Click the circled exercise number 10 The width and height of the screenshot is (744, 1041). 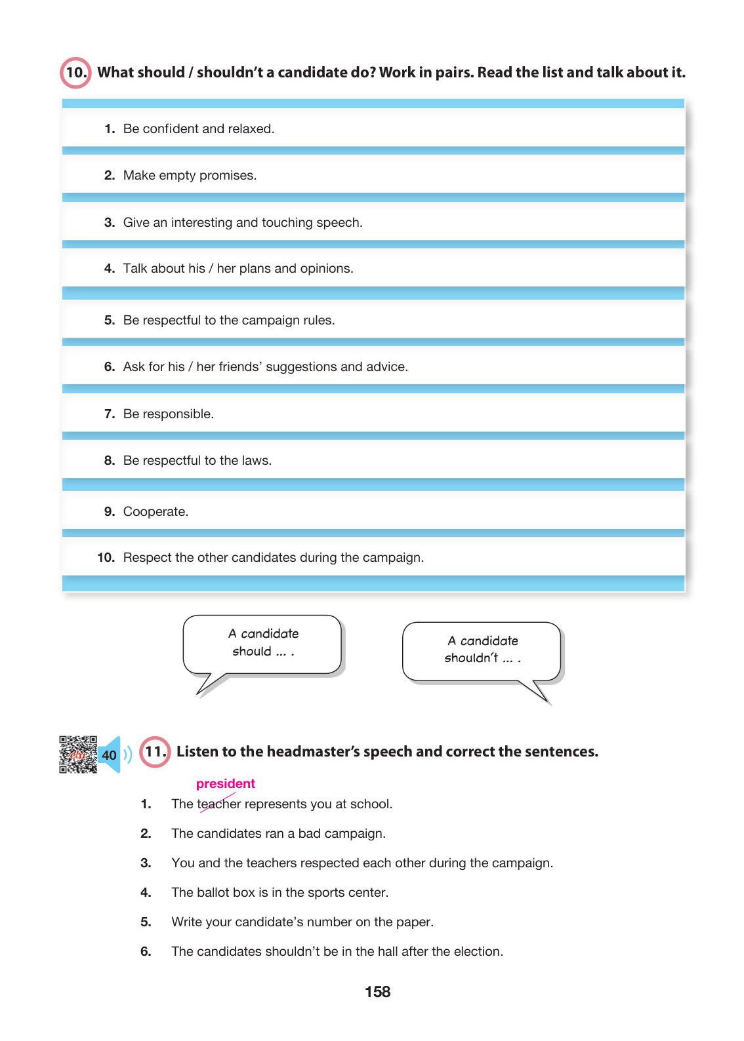pyautogui.click(x=75, y=73)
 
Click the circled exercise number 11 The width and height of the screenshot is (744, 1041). pyautogui.click(x=155, y=751)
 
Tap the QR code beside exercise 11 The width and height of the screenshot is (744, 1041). pyautogui.click(x=78, y=755)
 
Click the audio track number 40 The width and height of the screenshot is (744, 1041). pyautogui.click(x=109, y=755)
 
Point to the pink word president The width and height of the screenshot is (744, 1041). pyautogui.click(x=225, y=783)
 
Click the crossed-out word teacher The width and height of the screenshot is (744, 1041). pyautogui.click(x=219, y=804)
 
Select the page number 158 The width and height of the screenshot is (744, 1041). pyautogui.click(x=377, y=992)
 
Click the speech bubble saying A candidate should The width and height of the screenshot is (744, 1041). pyautogui.click(x=263, y=644)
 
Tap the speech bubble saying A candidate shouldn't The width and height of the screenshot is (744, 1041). pyautogui.click(x=482, y=650)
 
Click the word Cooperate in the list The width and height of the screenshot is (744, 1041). pyautogui.click(x=155, y=512)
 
